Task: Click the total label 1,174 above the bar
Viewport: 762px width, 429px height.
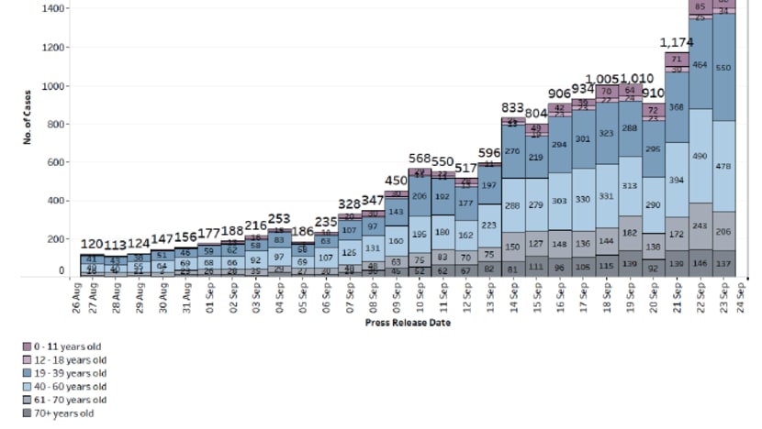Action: [x=676, y=42]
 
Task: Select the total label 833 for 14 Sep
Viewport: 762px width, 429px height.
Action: [x=512, y=107]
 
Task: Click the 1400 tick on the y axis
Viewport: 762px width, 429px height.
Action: [x=54, y=8]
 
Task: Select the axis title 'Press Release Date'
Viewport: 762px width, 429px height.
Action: [x=407, y=323]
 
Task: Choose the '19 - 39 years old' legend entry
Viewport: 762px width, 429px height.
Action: [x=63, y=373]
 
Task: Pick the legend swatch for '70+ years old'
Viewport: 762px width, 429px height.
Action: [x=28, y=413]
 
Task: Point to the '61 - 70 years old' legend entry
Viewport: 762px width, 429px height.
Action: [x=63, y=400]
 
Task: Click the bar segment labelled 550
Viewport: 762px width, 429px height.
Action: [x=724, y=68]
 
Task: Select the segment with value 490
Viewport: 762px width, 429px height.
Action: [x=700, y=156]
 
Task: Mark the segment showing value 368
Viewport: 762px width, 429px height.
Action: [x=677, y=107]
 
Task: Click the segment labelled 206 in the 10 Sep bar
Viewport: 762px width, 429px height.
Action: [x=419, y=196]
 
